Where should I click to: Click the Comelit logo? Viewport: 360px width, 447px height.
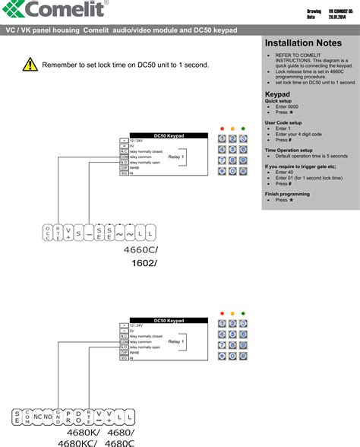tap(53, 11)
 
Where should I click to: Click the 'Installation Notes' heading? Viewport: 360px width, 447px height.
tap(303, 43)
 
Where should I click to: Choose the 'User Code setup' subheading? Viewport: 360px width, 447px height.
tap(283, 122)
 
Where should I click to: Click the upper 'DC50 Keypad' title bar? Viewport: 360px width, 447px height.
tap(169, 135)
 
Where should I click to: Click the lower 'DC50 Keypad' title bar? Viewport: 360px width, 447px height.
tap(169, 321)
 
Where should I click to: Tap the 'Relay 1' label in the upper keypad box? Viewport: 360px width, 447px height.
tap(176, 157)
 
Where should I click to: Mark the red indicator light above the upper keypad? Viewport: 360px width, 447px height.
tap(221, 128)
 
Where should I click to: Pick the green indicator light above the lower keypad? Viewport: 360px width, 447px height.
tap(242, 313)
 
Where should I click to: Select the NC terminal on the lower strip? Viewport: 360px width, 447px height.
tap(38, 417)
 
